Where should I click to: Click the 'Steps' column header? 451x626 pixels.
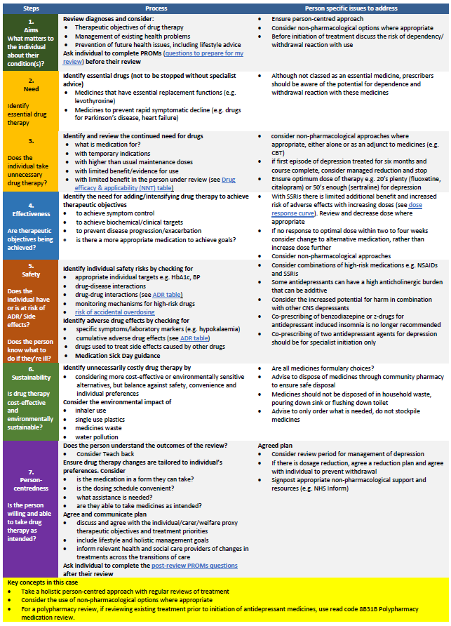coord(30,8)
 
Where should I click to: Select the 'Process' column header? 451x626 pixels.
coord(156,8)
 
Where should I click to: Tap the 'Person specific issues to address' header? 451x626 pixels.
coord(351,8)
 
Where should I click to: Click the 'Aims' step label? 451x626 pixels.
coord(30,31)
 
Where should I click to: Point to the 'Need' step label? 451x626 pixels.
coord(30,89)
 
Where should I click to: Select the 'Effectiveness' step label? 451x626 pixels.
coord(30,213)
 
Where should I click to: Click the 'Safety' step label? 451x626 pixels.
coord(30,274)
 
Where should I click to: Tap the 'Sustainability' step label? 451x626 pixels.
coord(30,377)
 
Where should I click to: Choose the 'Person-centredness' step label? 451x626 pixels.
coord(30,483)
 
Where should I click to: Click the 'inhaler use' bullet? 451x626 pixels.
coord(95,410)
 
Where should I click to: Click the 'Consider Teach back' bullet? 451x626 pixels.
coord(109,454)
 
